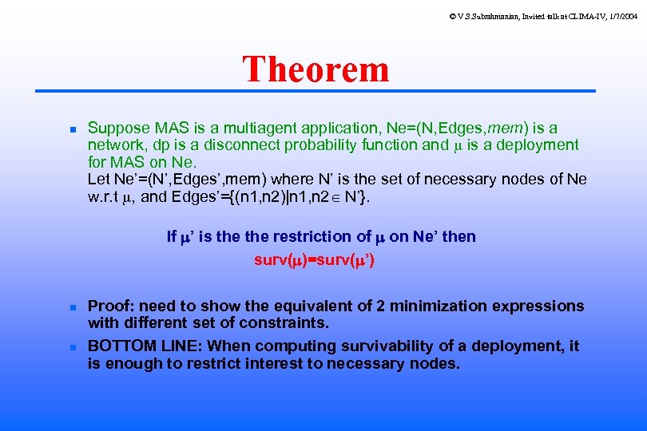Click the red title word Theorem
click(316, 69)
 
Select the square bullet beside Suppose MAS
click(71, 129)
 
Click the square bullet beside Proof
click(71, 307)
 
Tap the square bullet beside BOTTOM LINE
click(71, 347)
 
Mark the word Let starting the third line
click(99, 179)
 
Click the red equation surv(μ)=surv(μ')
click(315, 260)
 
